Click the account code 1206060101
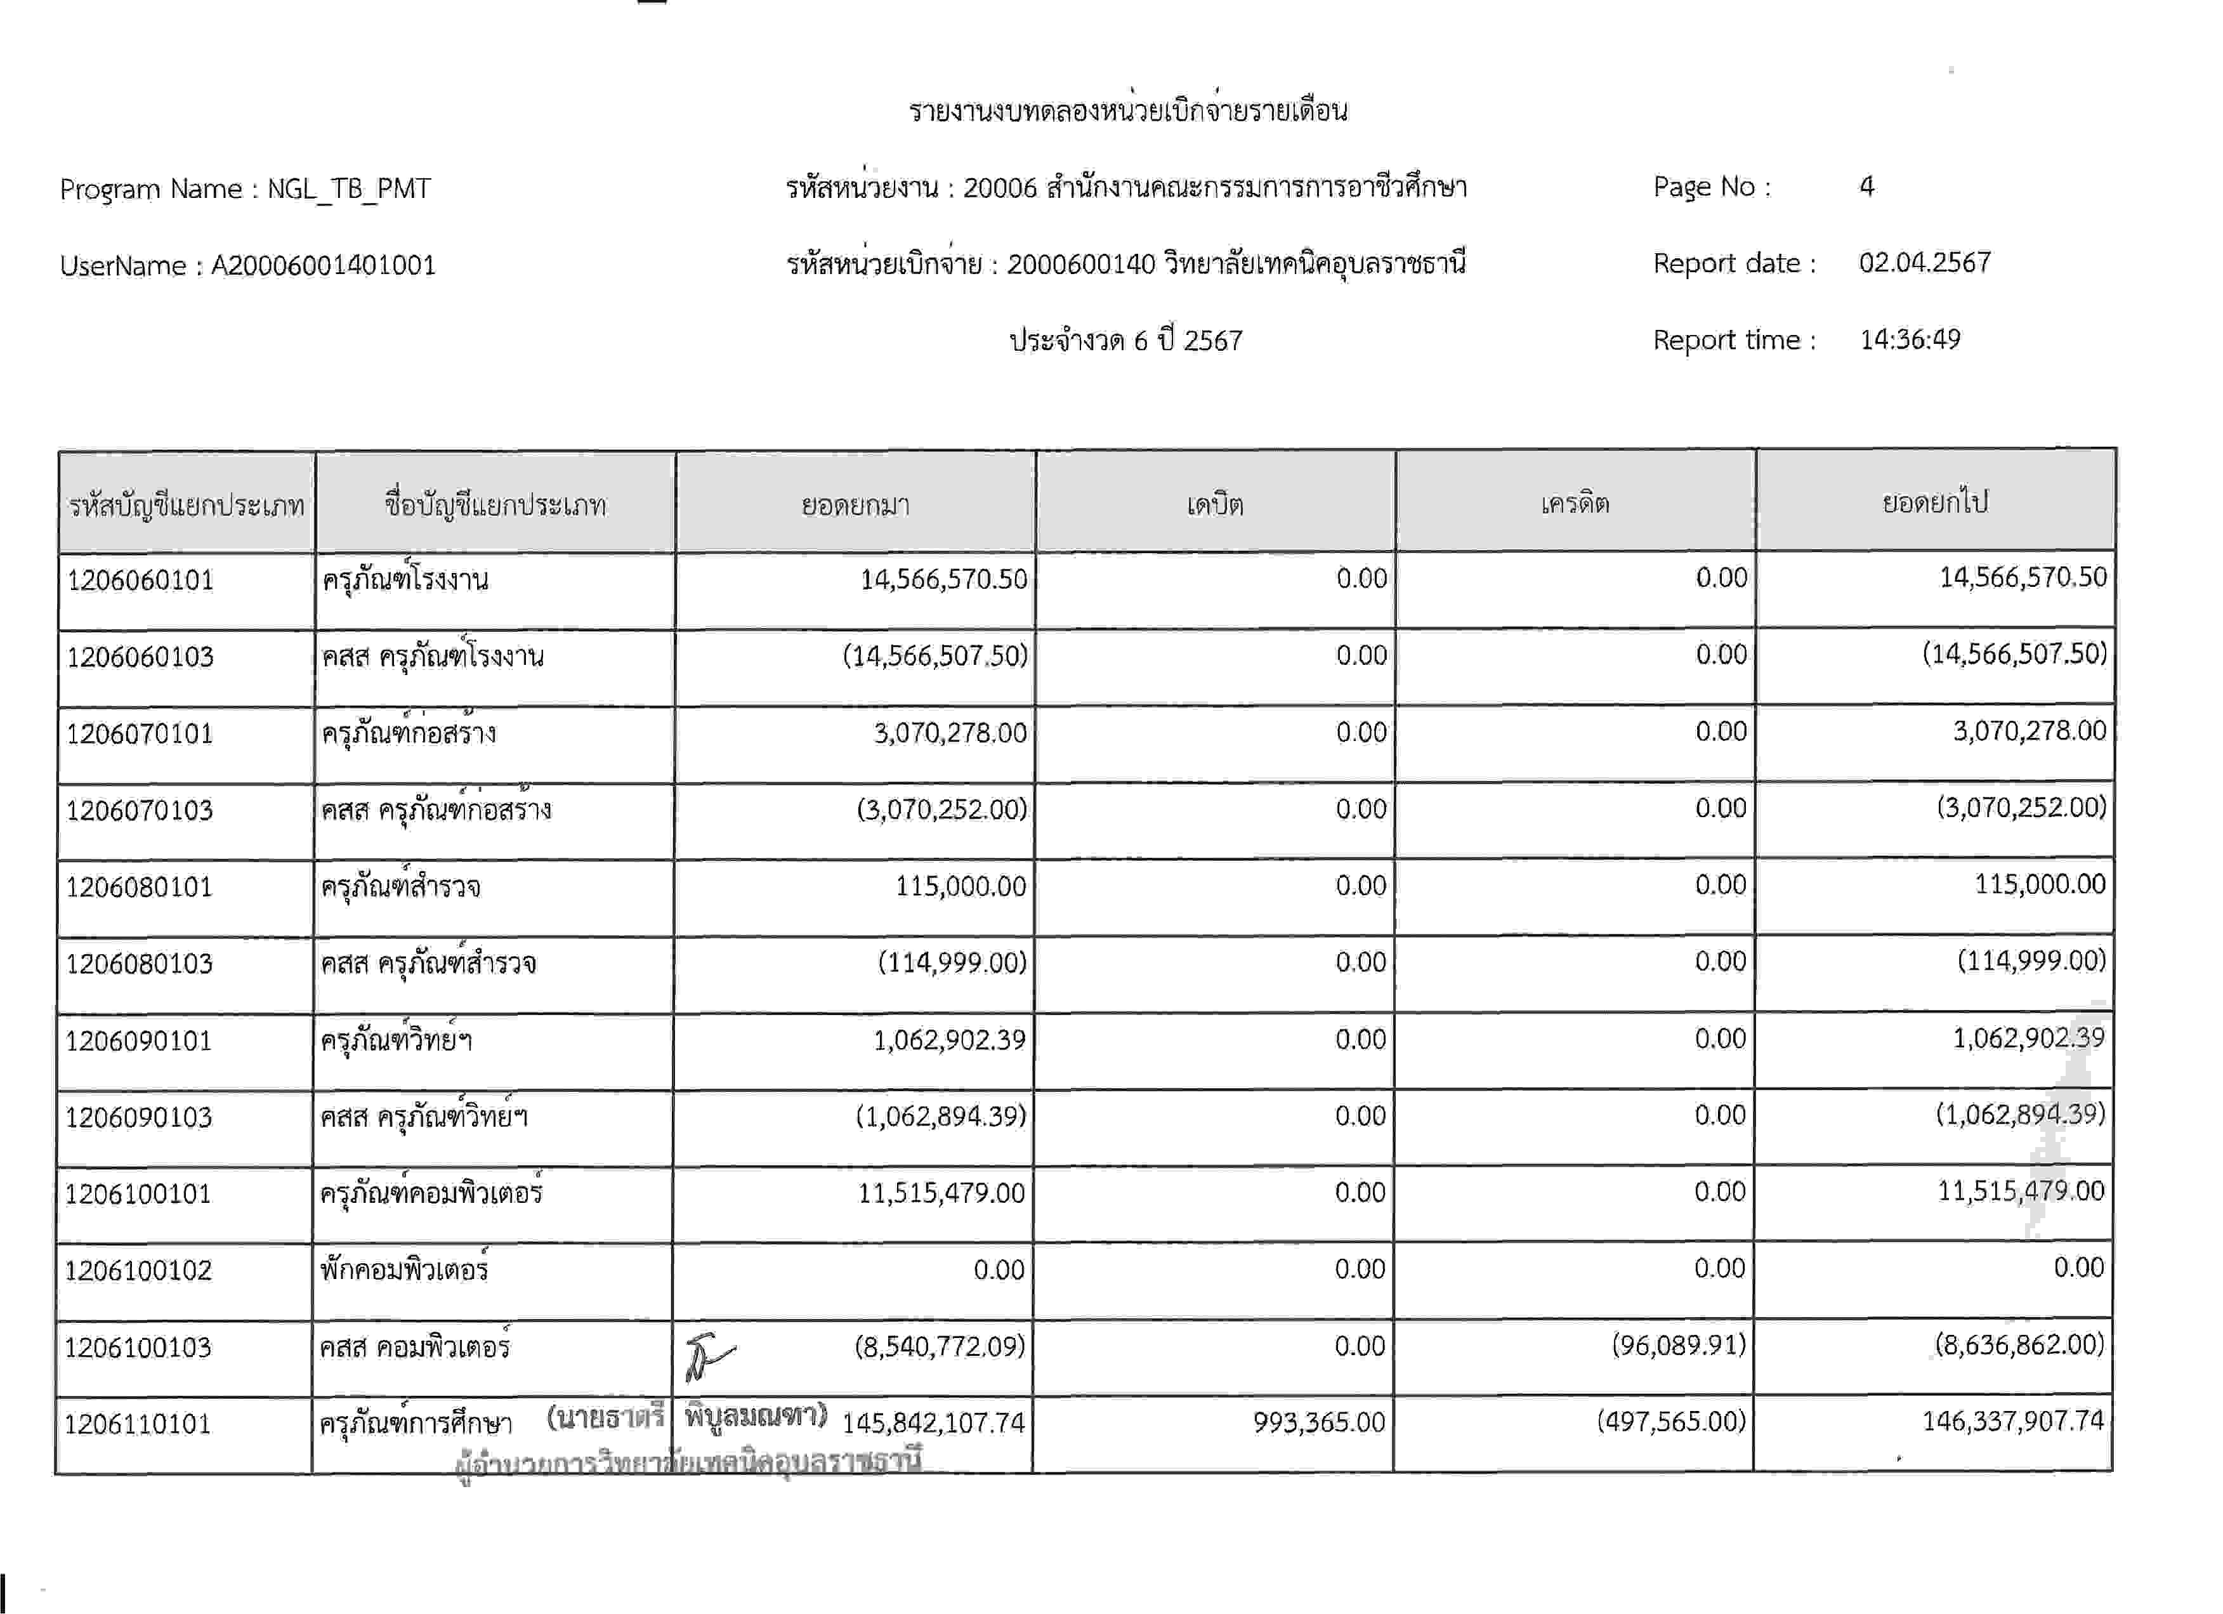coord(140,580)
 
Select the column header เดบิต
coord(1214,504)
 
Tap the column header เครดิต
coord(1574,504)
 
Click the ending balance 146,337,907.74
coord(2012,1421)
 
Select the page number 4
coord(1866,186)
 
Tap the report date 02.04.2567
coord(1924,263)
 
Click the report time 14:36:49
coord(1910,339)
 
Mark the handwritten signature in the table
coord(707,1357)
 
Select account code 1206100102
coord(138,1271)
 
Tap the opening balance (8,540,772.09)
coord(939,1346)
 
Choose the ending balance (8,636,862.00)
coord(2019,1344)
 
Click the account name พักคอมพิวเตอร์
coord(404,1270)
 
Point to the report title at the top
coord(1127,110)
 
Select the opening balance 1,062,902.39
coord(949,1040)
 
